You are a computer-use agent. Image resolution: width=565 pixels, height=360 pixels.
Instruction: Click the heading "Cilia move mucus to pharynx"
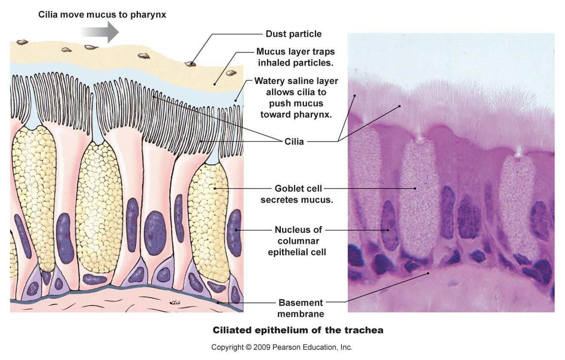[x=102, y=14]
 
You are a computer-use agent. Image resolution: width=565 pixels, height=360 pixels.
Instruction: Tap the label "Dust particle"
[x=293, y=34]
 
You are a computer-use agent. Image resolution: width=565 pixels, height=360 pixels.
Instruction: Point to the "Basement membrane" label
[x=301, y=308]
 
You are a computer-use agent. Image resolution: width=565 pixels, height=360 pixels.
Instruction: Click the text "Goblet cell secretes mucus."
[x=297, y=194]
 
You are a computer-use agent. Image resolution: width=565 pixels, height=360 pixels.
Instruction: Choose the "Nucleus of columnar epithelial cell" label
[x=298, y=241]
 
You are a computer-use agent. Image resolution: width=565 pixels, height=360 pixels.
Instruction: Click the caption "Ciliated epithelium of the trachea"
[x=298, y=330]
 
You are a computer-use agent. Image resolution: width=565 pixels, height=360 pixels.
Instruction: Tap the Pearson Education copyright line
[x=282, y=347]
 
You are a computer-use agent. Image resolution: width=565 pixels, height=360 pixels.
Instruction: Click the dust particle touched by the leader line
[x=190, y=64]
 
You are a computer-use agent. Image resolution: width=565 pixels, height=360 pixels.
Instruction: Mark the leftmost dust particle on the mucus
[x=22, y=42]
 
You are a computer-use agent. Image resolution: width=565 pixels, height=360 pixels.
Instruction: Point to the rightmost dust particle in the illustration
[x=231, y=73]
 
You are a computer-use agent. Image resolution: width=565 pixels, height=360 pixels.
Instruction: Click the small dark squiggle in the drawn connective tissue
[x=173, y=302]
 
